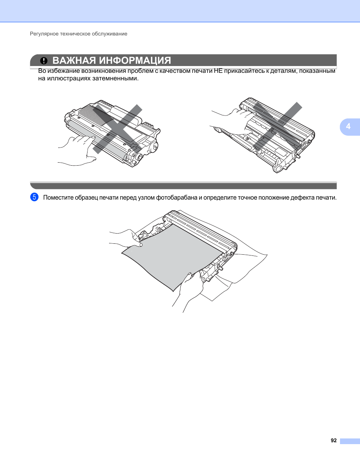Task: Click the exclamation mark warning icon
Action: pos(44,61)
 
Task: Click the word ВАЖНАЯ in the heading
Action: pos(74,60)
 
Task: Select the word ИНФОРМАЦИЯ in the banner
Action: pos(135,60)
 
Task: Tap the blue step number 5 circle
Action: pos(34,197)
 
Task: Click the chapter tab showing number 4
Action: pos(350,127)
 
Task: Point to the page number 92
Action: pos(334,440)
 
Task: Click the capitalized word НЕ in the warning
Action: pos(218,71)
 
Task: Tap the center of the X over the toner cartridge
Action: pos(117,129)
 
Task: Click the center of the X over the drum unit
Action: pos(277,126)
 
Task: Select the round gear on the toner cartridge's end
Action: pos(155,147)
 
